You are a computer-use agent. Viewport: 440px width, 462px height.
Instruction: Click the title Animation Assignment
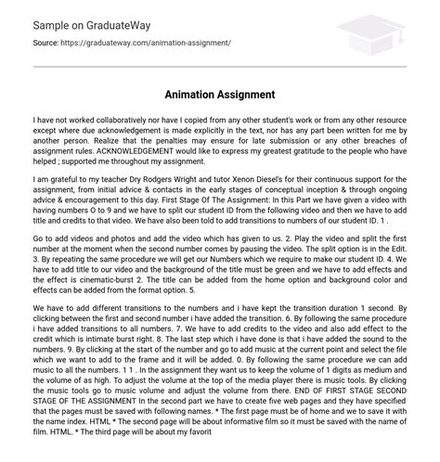point(220,94)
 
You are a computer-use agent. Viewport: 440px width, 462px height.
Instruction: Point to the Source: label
point(19,43)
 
